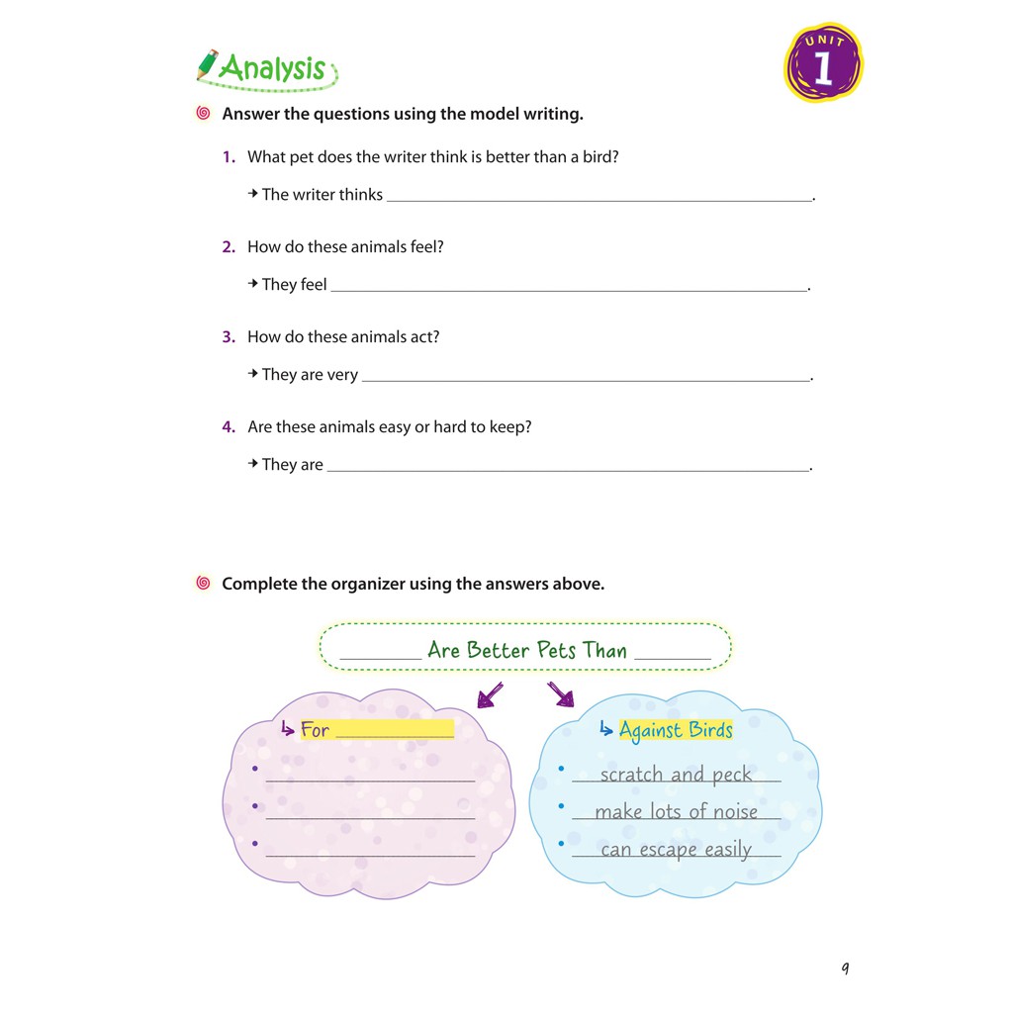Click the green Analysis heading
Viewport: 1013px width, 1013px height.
[x=272, y=68]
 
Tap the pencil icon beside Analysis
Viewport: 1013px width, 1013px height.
[x=207, y=64]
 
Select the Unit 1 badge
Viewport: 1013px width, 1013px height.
[x=823, y=64]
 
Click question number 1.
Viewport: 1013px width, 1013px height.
[x=229, y=156]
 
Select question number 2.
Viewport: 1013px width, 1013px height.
[x=229, y=246]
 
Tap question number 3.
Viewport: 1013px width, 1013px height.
[x=229, y=336]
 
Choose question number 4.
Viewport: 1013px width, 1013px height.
[x=229, y=426]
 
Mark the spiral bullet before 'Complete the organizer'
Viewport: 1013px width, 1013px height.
[x=204, y=584]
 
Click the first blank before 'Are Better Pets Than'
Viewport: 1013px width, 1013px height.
[x=381, y=654]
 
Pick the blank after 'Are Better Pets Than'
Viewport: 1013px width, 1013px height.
[x=673, y=654]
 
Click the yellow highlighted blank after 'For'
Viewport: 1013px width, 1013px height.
[x=395, y=731]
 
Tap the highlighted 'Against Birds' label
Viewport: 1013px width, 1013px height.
[x=676, y=730]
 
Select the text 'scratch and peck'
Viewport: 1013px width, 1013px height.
[x=676, y=775]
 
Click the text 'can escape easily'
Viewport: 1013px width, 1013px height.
[x=676, y=850]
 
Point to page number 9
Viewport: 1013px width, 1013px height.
[x=845, y=967]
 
